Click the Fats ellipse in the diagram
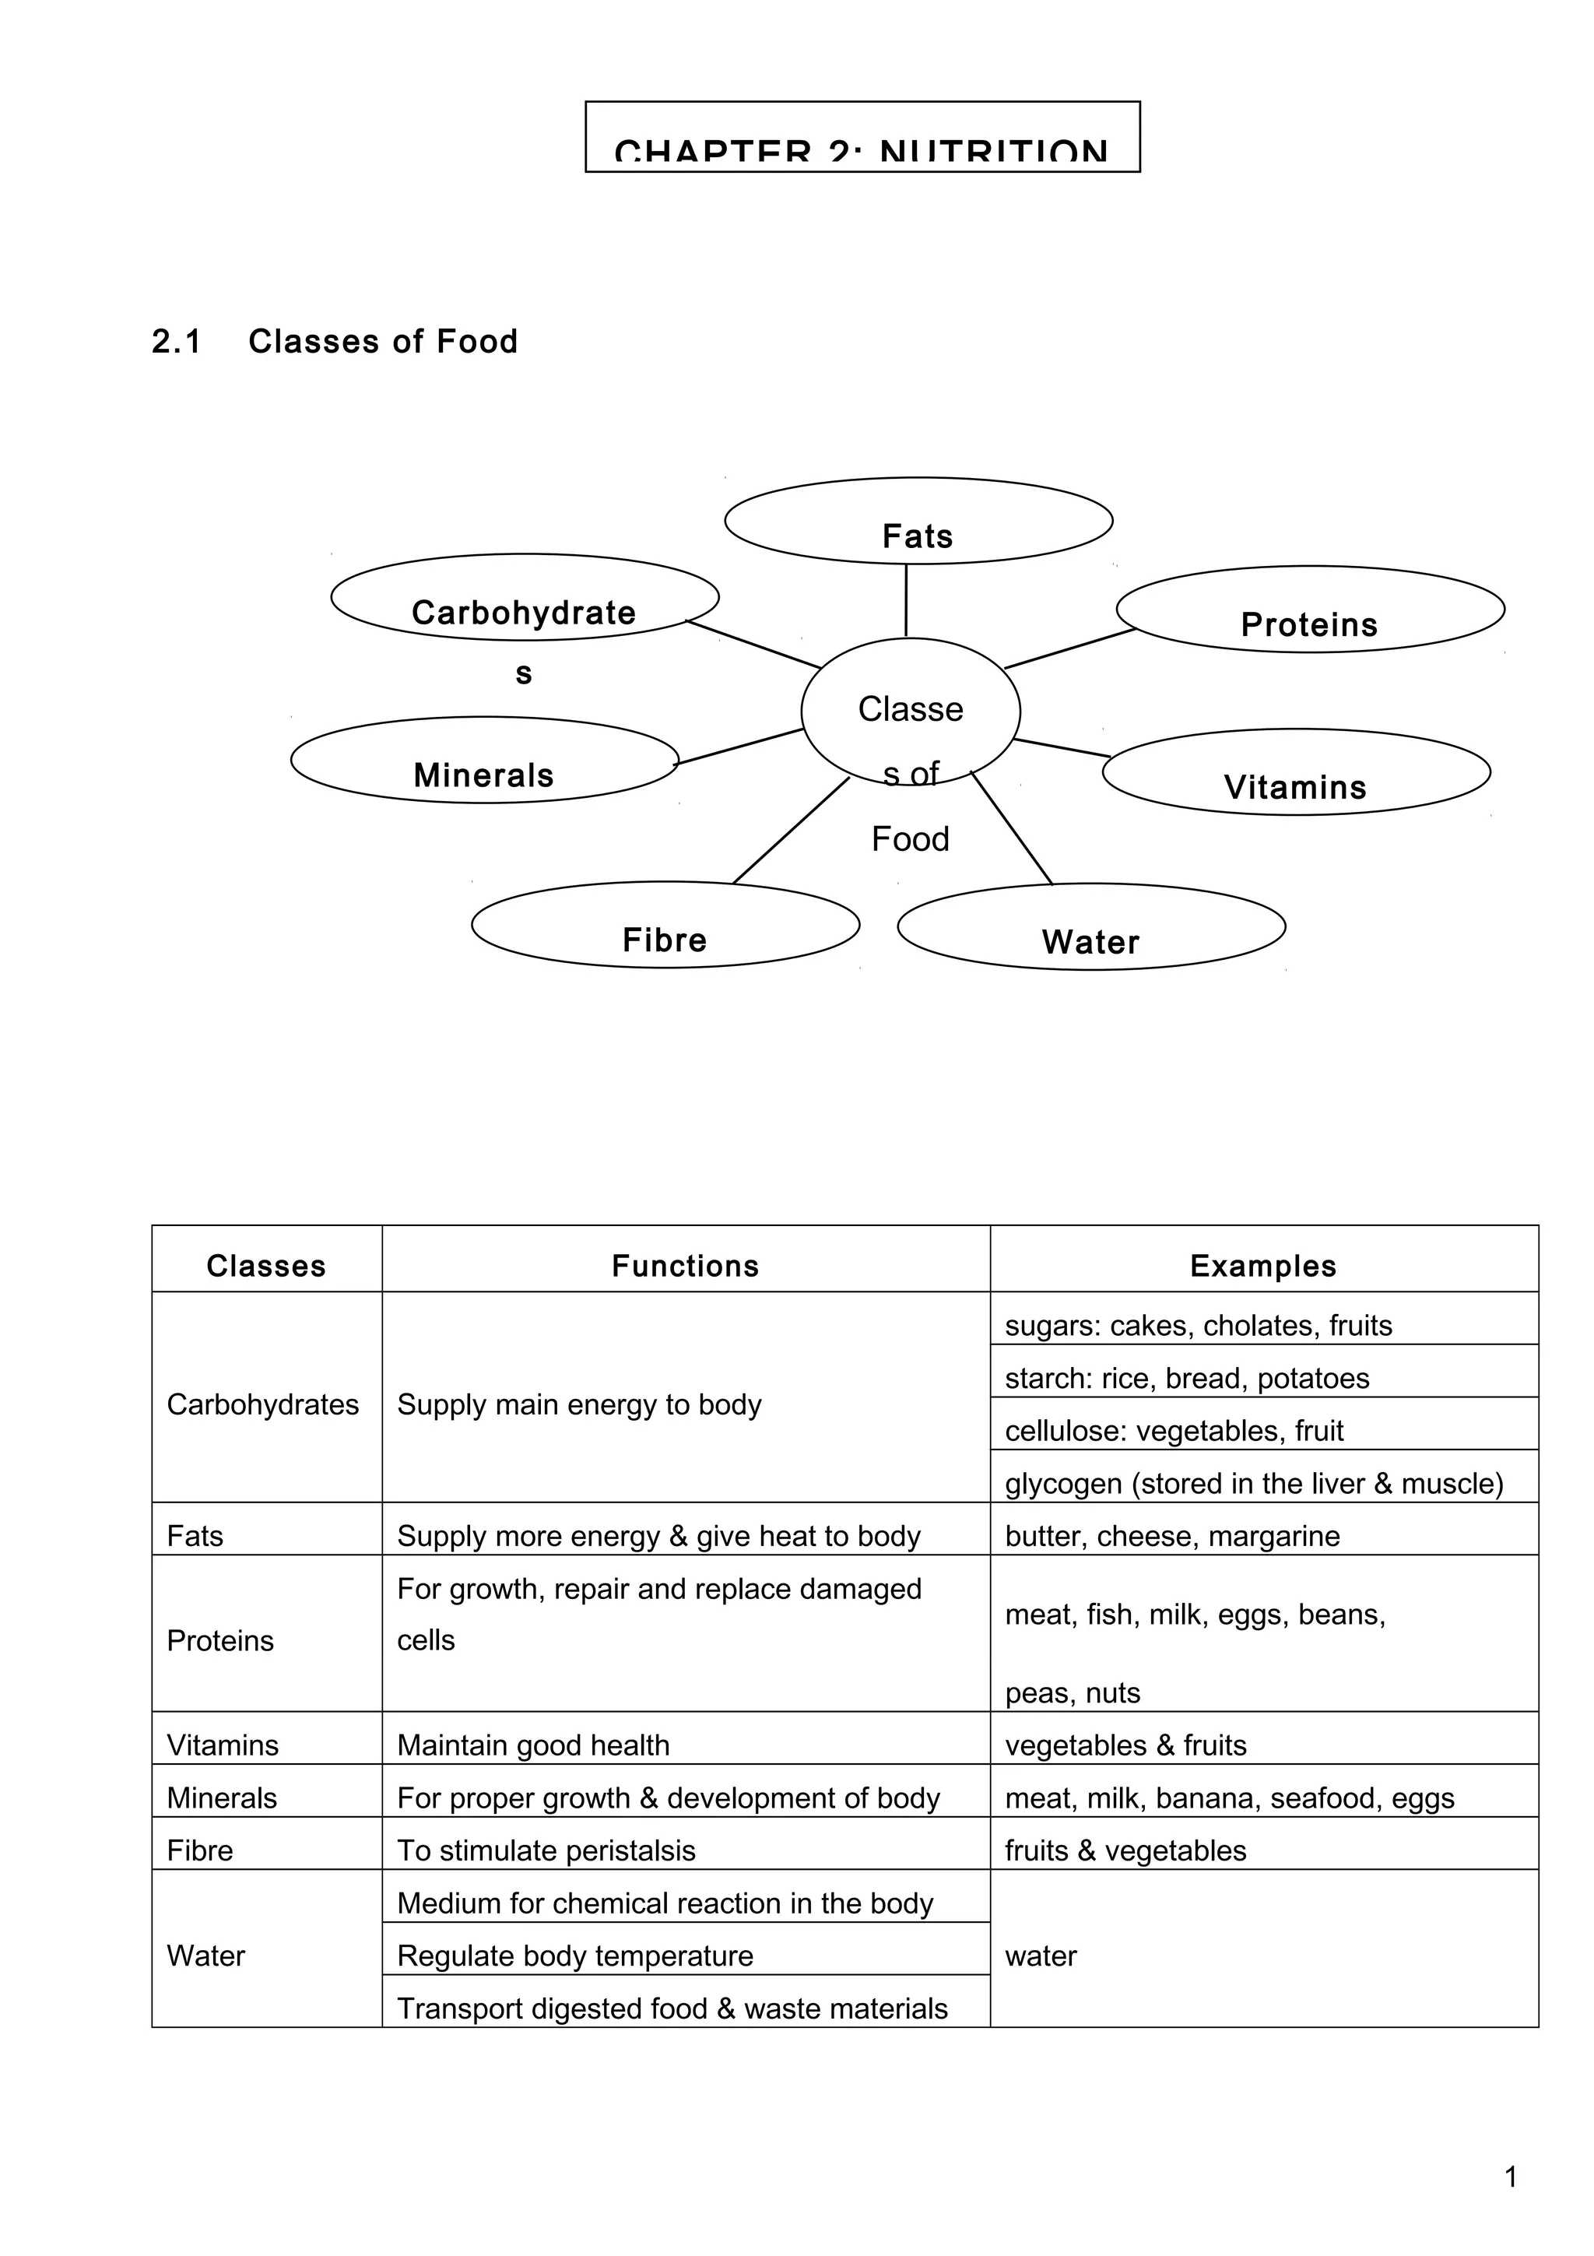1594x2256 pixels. point(918,521)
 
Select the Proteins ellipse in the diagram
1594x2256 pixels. point(1310,610)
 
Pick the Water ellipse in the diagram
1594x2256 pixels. point(1091,926)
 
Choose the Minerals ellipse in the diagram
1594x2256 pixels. point(484,760)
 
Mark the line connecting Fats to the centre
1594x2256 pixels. point(905,600)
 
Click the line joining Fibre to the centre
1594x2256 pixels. point(792,831)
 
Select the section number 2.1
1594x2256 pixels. point(177,342)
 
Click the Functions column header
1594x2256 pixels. point(686,1266)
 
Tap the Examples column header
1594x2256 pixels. point(1263,1266)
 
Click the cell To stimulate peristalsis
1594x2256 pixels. point(546,1850)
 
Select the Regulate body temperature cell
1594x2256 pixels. point(575,1956)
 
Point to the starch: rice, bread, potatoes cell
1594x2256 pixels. point(1186,1378)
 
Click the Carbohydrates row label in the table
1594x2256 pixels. point(263,1404)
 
